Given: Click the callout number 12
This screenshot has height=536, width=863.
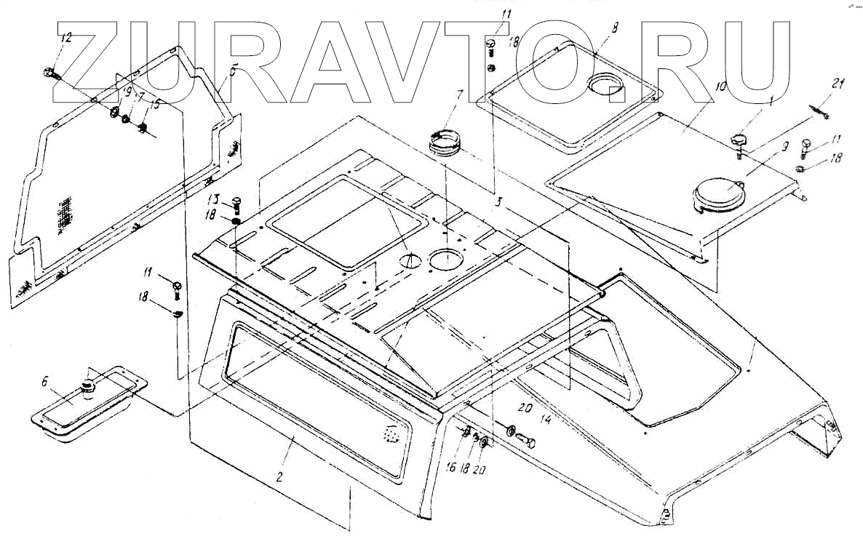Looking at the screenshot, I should (x=66, y=39).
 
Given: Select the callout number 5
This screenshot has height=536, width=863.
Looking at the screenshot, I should (x=233, y=72).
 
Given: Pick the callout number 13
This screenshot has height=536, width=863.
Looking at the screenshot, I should (x=212, y=199).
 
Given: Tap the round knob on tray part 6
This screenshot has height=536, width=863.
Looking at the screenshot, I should (x=88, y=386).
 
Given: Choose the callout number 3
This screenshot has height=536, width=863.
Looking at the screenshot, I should (x=498, y=198).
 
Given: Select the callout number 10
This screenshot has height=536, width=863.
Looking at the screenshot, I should (x=721, y=86).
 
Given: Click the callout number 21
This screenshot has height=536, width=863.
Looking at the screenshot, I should (x=838, y=85).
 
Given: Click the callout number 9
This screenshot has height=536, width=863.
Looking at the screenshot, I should (x=784, y=145).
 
